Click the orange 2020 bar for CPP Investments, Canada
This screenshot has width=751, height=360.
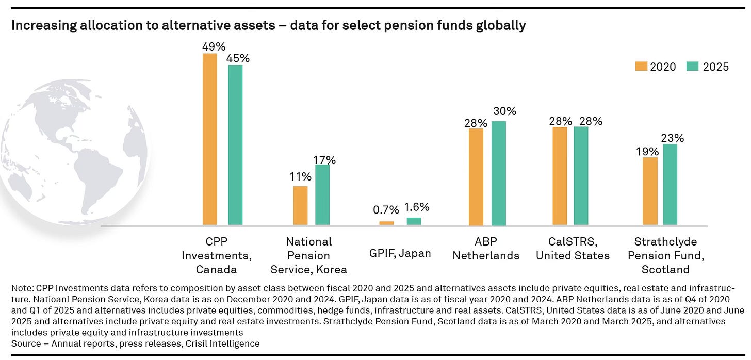pyautogui.click(x=210, y=139)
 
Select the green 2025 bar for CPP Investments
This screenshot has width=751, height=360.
pyautogui.click(x=235, y=145)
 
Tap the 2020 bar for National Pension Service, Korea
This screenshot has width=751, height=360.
pyautogui.click(x=300, y=205)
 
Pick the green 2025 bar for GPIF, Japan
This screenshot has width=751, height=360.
pyautogui.click(x=414, y=221)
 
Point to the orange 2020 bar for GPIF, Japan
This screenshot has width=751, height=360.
pyautogui.click(x=386, y=223)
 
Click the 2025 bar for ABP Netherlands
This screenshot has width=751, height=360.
pyautogui.click(x=499, y=173)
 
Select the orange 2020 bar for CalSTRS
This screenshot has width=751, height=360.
pyautogui.click(x=560, y=176)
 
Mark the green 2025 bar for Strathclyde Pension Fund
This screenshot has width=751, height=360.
pyautogui.click(x=670, y=184)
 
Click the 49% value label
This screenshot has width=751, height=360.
pyautogui.click(x=214, y=46)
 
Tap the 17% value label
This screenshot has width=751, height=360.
pyautogui.click(x=324, y=160)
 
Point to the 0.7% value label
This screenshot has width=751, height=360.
pyautogui.click(x=386, y=210)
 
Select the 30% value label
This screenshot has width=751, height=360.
pyautogui.click(x=505, y=111)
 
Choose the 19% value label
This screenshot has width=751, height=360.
pyautogui.click(x=647, y=152)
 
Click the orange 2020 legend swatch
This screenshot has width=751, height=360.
pyautogui.click(x=641, y=67)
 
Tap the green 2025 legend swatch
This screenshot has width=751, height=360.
pyautogui.click(x=692, y=67)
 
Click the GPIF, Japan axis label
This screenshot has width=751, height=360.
pyautogui.click(x=400, y=253)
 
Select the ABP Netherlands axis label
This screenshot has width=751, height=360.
pyautogui.click(x=486, y=249)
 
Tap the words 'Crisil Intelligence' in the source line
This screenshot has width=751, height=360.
pyautogui.click(x=223, y=343)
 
